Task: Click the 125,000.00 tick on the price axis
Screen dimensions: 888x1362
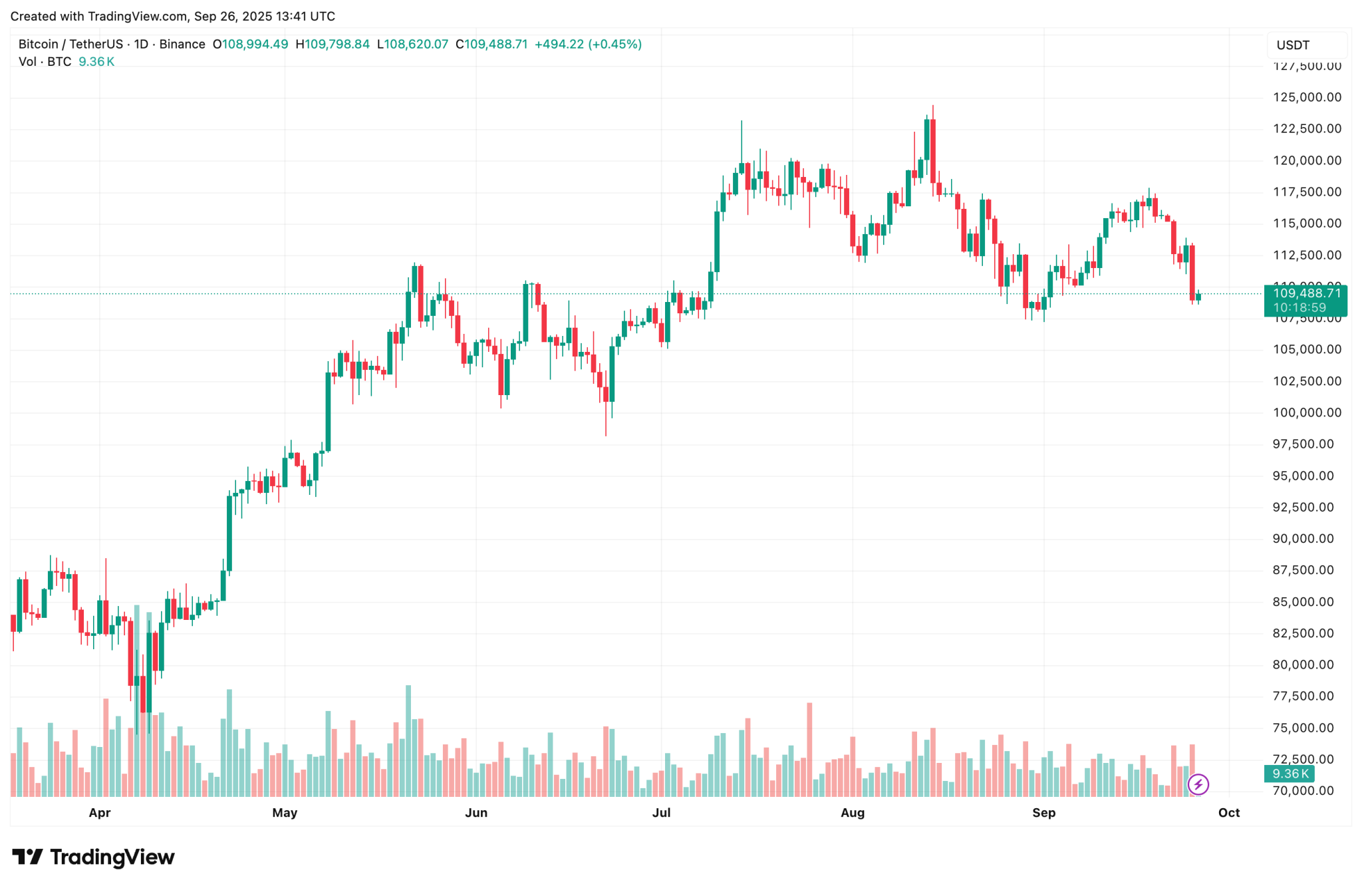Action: tap(1307, 97)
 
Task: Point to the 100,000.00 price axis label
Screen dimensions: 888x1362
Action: tap(1307, 412)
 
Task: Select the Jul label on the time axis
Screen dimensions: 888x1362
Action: tap(661, 813)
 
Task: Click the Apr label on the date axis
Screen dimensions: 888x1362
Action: tap(100, 813)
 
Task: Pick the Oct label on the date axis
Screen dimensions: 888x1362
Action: tap(1229, 813)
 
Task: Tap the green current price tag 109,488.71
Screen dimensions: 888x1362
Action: tap(1305, 293)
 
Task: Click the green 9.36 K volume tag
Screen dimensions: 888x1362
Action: tap(1290, 774)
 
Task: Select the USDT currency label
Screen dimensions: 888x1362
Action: tap(1293, 45)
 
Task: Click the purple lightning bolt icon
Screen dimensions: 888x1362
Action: tap(1198, 785)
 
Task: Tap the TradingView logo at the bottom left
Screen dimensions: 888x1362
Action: tap(94, 857)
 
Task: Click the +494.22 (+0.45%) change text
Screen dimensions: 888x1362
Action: tap(588, 45)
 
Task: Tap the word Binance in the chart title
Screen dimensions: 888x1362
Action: tap(182, 45)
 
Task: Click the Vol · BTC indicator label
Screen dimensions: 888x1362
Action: tap(45, 62)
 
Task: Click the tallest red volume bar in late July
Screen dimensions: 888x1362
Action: tap(809, 749)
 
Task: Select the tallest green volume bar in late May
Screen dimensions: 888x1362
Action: tap(408, 740)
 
